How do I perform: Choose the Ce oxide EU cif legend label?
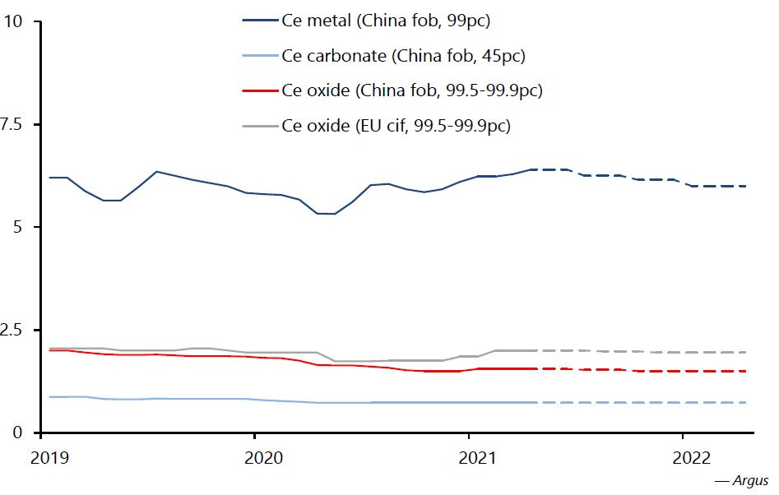point(397,126)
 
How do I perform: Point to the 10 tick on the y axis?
point(13,21)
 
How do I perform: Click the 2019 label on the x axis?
point(42,456)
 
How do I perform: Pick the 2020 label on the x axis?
point(255,456)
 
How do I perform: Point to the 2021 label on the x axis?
point(469,456)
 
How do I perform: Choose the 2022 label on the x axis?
point(683,456)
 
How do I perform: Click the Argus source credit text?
point(742,479)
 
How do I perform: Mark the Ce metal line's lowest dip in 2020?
point(326,214)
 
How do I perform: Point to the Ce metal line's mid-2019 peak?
point(156,172)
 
